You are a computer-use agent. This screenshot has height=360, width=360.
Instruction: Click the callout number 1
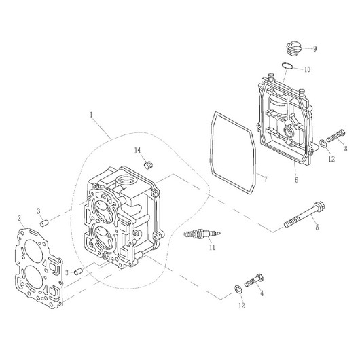click(x=92, y=115)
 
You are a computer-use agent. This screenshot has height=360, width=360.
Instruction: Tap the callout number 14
click(x=137, y=150)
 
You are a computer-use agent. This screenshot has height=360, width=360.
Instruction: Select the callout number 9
click(x=314, y=49)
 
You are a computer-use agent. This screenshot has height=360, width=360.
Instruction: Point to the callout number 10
click(x=308, y=69)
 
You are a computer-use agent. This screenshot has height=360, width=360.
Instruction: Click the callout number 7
click(x=266, y=179)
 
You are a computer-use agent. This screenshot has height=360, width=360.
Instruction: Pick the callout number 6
click(x=297, y=180)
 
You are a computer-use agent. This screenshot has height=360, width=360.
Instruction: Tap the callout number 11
click(x=212, y=247)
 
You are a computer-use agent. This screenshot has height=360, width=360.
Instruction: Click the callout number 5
click(x=317, y=228)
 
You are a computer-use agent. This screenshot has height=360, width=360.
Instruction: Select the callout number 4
click(x=262, y=293)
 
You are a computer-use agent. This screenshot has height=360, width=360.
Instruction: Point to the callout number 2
click(x=19, y=218)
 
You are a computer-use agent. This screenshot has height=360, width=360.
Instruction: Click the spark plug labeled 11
click(x=202, y=234)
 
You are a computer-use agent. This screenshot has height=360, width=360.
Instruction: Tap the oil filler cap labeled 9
click(x=293, y=48)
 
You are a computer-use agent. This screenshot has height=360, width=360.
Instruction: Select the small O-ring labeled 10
click(x=287, y=66)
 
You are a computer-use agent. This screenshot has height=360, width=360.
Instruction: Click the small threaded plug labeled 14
click(x=149, y=165)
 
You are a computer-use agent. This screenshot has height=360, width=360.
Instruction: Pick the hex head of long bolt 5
click(x=319, y=206)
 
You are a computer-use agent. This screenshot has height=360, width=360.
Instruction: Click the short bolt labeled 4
click(x=254, y=281)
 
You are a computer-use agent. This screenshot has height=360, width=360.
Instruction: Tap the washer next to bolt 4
click(x=237, y=289)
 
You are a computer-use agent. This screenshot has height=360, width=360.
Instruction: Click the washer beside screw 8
click(x=323, y=144)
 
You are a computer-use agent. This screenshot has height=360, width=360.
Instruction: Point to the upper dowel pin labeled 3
click(x=44, y=223)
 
